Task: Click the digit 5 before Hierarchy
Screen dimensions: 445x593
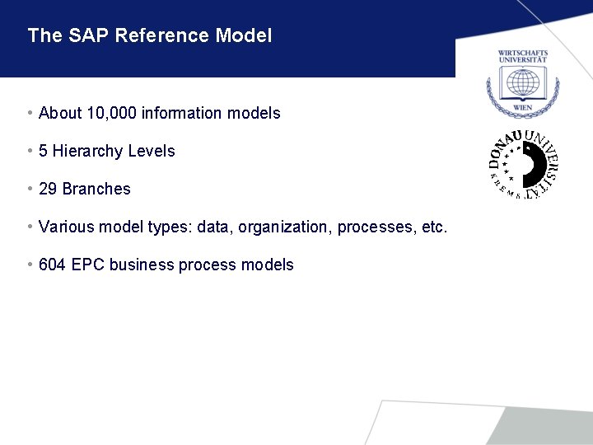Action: click(43, 151)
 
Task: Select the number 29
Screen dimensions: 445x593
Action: click(48, 189)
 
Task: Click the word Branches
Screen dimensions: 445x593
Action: click(96, 189)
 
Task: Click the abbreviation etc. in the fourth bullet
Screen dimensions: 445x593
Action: click(433, 227)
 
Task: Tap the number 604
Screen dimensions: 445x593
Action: click(52, 265)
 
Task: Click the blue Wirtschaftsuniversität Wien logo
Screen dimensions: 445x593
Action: click(522, 82)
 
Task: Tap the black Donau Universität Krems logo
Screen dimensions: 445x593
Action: click(523, 163)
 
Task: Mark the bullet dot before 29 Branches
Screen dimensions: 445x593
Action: click(30, 189)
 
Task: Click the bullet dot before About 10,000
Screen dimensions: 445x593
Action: click(30, 113)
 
